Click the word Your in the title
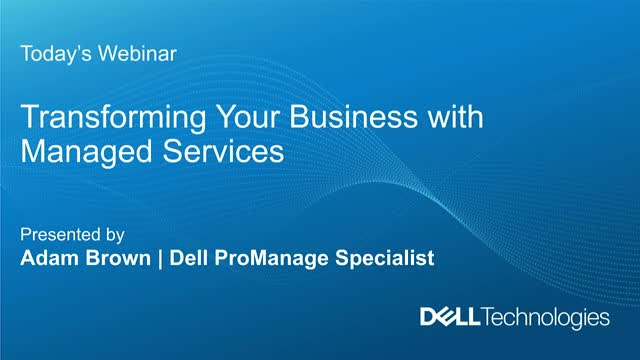tap(209, 119)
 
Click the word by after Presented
tap(114, 237)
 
